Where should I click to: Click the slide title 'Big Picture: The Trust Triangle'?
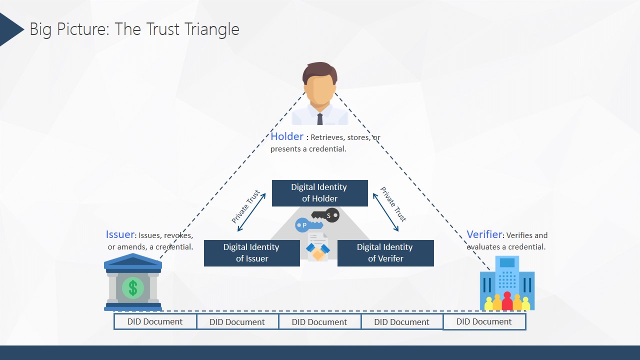134,29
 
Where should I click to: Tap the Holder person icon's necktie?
320,119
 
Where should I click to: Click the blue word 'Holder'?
287,136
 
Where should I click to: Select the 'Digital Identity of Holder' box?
320,193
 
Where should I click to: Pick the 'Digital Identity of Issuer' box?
252,253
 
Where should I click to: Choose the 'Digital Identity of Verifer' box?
385,253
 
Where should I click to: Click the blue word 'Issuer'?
120,234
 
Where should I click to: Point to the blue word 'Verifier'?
484,234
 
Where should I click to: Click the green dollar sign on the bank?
133,287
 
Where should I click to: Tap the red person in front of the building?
507,301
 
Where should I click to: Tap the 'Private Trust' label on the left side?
245,206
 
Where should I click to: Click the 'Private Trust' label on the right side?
393,204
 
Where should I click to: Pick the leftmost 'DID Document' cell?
155,321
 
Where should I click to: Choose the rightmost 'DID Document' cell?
484,321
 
